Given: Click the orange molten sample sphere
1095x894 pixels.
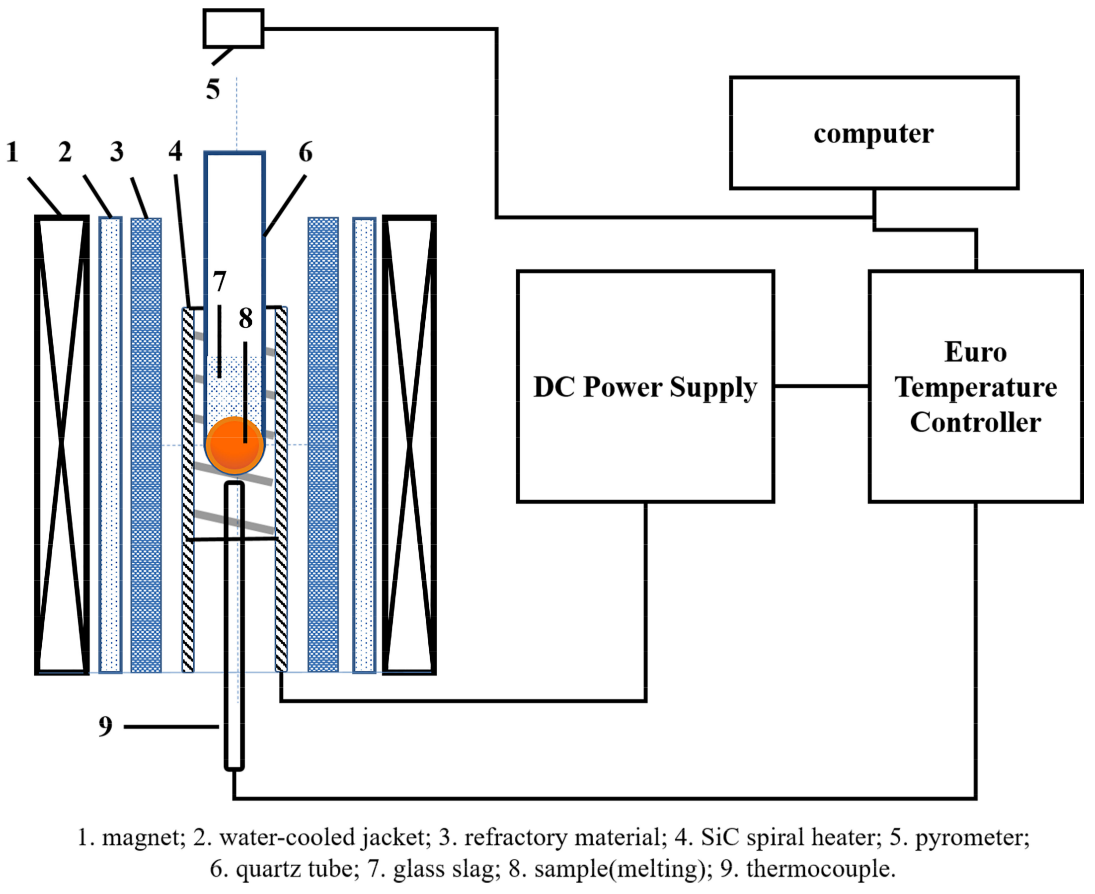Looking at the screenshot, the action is (x=235, y=445).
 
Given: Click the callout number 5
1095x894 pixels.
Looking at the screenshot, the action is (x=213, y=89).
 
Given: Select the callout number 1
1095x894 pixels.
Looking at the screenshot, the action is (x=13, y=152).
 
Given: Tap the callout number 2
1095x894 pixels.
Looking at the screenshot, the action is (x=65, y=152).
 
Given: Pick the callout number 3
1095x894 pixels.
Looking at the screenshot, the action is (x=117, y=152).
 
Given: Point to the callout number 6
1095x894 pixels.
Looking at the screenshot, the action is (x=306, y=152).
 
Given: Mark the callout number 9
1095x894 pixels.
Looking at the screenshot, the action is (x=106, y=727).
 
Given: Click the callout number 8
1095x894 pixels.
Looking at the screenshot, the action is (x=246, y=318).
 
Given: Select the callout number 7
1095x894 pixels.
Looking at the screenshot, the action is (x=220, y=281).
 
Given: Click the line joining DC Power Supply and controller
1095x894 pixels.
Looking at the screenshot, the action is (x=822, y=386).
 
